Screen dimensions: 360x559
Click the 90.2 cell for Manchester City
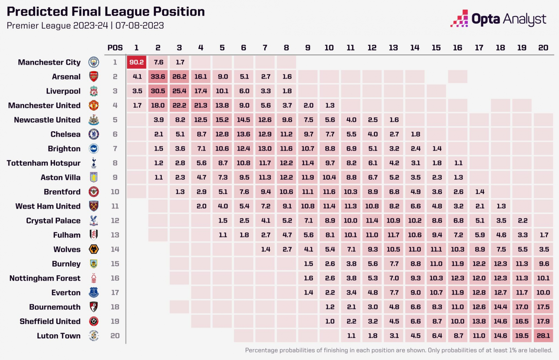coord(136,62)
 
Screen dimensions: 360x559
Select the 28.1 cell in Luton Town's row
coord(543,336)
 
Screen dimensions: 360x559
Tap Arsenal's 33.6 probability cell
coord(158,77)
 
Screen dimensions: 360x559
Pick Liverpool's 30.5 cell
coord(158,91)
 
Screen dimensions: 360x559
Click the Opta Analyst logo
coord(498,19)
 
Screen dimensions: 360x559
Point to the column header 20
coord(543,48)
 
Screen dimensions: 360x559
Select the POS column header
coord(115,48)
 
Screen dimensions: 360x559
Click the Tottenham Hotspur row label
coord(44,163)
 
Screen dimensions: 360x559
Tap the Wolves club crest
coord(94,249)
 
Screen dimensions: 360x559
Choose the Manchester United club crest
coord(94,105)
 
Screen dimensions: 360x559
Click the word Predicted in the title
coord(37,12)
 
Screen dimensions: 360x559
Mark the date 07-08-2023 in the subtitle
coord(139,26)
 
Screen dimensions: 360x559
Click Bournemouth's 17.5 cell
coord(543,307)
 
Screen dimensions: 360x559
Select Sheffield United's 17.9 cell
coord(543,321)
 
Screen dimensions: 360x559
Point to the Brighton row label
coord(64,149)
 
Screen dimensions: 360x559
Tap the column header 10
coord(329,48)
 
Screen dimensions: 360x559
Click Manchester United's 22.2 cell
coord(179,105)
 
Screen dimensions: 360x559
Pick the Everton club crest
coord(94,293)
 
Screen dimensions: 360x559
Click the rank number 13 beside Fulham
coord(115,235)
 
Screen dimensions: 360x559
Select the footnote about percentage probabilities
coord(399,350)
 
